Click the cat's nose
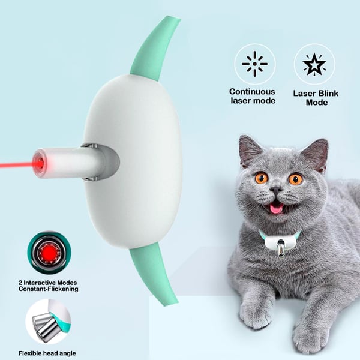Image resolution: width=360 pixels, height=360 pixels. point(277,190)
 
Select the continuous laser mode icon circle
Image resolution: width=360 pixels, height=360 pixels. point(254,64)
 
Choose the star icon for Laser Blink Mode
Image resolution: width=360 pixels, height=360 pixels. point(314,64)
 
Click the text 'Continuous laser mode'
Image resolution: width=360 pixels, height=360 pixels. point(252,96)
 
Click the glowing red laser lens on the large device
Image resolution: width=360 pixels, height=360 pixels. point(38,163)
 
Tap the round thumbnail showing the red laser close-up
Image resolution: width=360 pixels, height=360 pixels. point(48,253)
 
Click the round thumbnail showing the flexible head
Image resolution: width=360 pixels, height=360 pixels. point(48,322)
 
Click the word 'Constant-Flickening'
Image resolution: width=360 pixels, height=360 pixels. point(48,289)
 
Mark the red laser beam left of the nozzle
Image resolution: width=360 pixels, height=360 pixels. point(15,163)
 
